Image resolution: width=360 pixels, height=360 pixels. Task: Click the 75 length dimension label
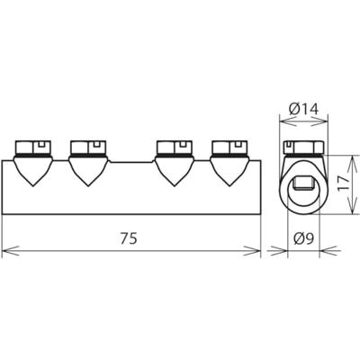pyautogui.click(x=129, y=238)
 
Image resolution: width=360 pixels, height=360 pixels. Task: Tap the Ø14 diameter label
pyautogui.click(x=303, y=109)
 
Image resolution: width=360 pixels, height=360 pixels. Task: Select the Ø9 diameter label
pyautogui.click(x=304, y=238)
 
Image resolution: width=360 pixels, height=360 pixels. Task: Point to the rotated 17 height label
pyautogui.click(x=344, y=184)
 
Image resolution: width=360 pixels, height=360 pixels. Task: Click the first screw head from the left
pyautogui.click(x=33, y=148)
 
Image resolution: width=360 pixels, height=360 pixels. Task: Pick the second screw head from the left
pyautogui.click(x=88, y=148)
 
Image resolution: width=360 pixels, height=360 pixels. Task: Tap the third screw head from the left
pyautogui.click(x=175, y=148)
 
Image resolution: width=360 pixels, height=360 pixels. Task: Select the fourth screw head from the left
pyautogui.click(x=229, y=148)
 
